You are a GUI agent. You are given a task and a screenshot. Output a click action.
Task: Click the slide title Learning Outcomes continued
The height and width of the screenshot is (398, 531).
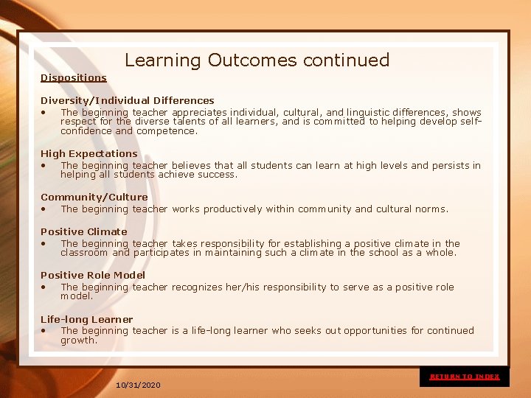(x=257, y=60)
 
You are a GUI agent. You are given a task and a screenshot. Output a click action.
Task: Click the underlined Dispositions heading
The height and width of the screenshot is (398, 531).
(x=74, y=77)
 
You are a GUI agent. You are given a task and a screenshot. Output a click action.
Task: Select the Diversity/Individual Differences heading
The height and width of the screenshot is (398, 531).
(x=128, y=100)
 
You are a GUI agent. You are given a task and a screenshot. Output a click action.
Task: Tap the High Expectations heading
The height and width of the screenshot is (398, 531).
(x=89, y=154)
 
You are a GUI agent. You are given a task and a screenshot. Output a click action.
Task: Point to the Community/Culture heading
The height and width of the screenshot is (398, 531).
(x=94, y=198)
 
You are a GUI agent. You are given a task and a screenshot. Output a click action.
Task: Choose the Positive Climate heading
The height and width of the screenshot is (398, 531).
(x=84, y=231)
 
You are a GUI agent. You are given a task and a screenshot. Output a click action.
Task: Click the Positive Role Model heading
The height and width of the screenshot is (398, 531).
(x=93, y=276)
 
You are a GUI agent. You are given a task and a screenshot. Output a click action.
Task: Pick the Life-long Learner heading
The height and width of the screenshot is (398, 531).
(x=87, y=320)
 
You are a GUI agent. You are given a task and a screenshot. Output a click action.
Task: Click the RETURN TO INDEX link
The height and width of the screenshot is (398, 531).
(x=465, y=377)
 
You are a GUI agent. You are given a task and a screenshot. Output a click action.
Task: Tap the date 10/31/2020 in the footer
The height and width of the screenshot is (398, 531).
(x=139, y=385)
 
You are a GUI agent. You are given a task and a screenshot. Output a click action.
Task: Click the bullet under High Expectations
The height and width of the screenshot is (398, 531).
(x=45, y=166)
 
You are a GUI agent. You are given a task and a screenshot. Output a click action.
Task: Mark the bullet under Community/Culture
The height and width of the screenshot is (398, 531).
(x=45, y=209)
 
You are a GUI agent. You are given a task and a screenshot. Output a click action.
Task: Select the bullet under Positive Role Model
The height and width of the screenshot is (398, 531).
(x=45, y=287)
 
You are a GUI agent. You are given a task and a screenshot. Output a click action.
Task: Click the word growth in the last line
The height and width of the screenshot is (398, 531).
(x=78, y=341)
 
